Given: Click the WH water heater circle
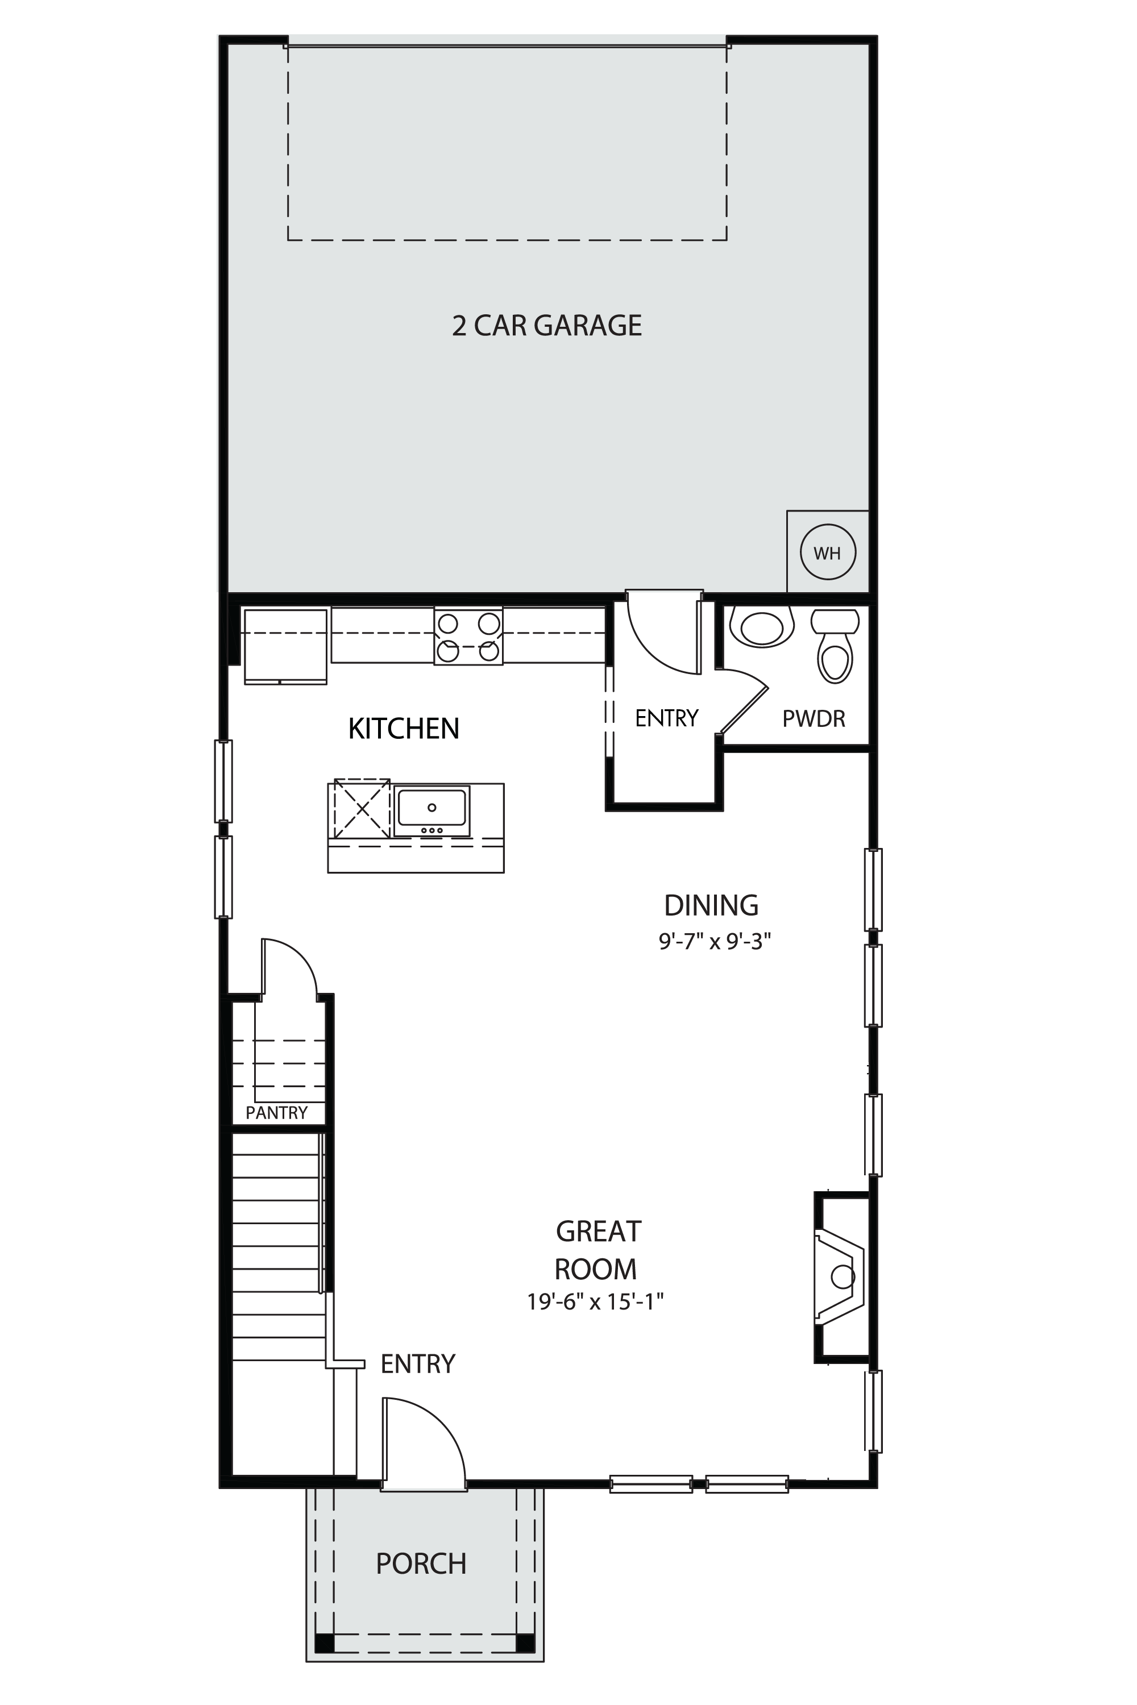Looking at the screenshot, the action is pos(827,552).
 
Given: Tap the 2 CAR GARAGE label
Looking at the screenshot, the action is pos(547,326).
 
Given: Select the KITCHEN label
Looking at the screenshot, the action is pos(404,729).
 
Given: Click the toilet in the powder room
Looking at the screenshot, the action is pos(835,644).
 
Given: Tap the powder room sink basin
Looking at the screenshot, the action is pos(761,627).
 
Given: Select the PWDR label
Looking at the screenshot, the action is pos(814,718).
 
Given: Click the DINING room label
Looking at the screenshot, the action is pos(711,905).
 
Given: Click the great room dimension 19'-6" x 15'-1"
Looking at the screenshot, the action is pos(595,1302).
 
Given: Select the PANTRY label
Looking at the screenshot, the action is pos(276,1113).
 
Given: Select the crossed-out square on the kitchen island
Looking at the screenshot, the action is pos(362,809).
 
